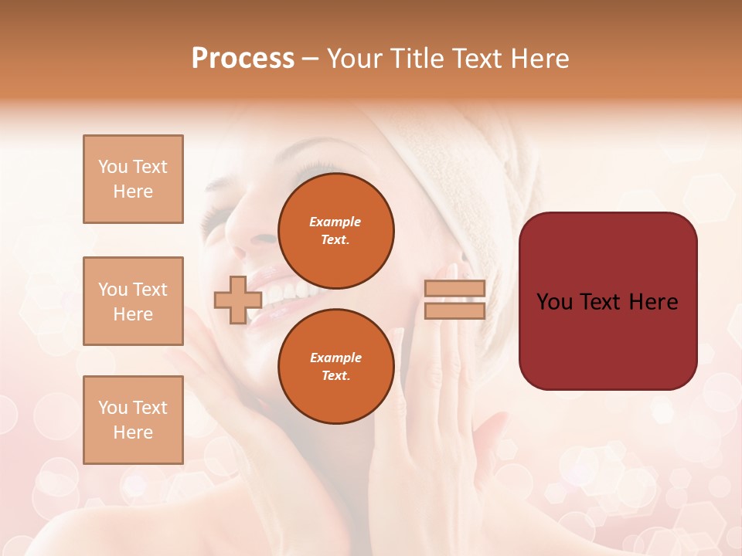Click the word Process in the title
pyautogui.click(x=243, y=59)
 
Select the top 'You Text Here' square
pyautogui.click(x=133, y=179)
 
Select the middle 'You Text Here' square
pyautogui.click(x=133, y=301)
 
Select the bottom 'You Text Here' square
pyautogui.click(x=133, y=419)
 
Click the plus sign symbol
pyautogui.click(x=237, y=300)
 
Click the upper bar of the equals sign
pyautogui.click(x=454, y=289)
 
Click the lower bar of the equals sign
pyautogui.click(x=454, y=310)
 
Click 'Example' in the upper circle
pyautogui.click(x=335, y=222)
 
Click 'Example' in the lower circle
pyautogui.click(x=335, y=358)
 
